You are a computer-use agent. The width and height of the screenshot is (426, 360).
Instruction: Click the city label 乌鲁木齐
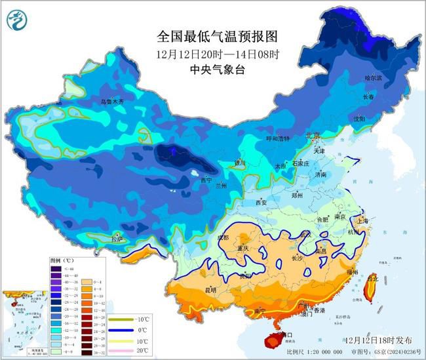click(x=111, y=102)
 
